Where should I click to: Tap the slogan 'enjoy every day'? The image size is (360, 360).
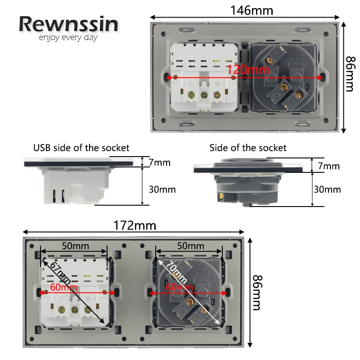tap(68, 38)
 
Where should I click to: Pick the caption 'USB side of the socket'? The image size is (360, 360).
tap(81, 148)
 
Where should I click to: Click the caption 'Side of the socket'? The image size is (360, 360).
tap(247, 148)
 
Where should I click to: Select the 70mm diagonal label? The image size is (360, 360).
tap(175, 272)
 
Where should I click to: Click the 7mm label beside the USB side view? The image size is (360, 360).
tap(160, 162)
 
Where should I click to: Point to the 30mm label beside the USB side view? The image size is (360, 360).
tap(162, 189)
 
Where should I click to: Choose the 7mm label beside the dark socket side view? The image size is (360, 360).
tap(328, 166)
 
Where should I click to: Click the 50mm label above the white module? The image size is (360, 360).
tap(75, 246)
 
